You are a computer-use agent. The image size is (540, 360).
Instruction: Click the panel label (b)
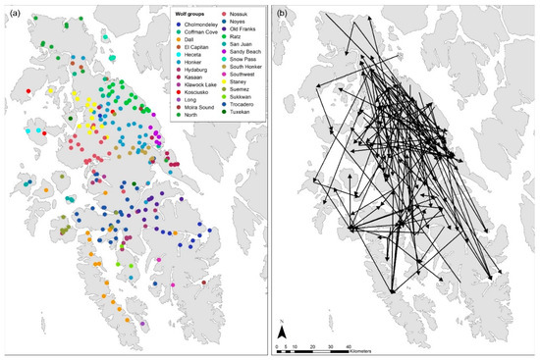(x=283, y=13)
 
